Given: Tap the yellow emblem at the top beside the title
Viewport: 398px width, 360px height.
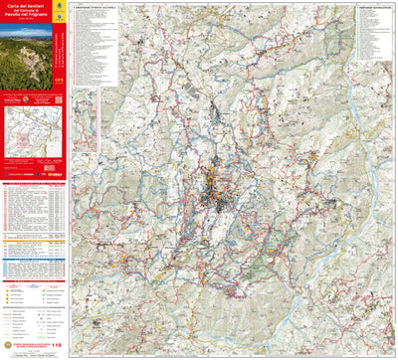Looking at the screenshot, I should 65,7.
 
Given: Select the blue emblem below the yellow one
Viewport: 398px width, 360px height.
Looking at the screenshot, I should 65,21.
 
